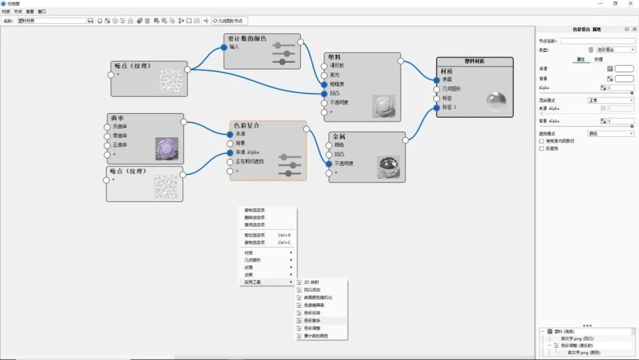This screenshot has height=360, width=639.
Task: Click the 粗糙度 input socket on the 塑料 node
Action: point(324,84)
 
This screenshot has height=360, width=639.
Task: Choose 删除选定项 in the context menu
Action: point(254,217)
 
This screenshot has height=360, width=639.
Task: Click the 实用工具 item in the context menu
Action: point(253,282)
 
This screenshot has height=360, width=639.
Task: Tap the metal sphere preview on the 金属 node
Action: point(388,166)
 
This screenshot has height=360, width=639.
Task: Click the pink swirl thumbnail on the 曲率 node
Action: point(166,149)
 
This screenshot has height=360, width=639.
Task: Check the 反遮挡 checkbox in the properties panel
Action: point(542,149)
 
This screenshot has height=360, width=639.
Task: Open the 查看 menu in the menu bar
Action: point(30,11)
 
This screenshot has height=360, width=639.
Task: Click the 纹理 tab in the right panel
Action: point(598,59)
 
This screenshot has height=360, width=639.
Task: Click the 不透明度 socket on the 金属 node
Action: point(329,163)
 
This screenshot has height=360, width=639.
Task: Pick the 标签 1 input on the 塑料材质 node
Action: point(437,107)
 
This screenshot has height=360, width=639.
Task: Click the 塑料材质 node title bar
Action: point(475,61)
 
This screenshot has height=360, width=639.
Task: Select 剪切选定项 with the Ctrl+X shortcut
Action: point(254,235)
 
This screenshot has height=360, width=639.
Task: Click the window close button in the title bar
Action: point(630,4)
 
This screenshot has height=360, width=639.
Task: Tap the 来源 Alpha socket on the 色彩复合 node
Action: point(230,152)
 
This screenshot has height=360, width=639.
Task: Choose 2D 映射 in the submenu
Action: point(311,282)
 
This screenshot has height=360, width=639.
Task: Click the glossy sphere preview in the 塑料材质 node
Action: point(496,101)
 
